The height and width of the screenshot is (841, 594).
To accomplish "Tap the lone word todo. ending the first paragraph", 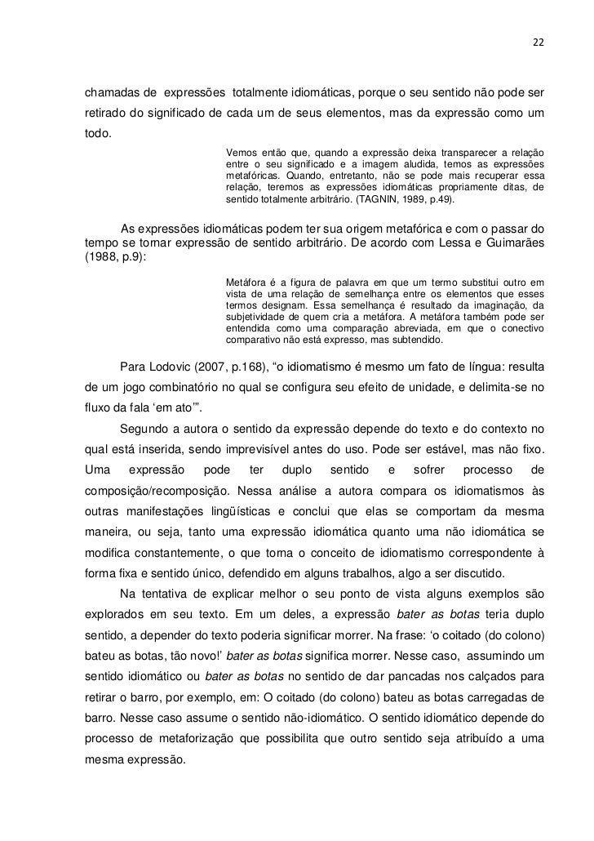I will (x=100, y=134).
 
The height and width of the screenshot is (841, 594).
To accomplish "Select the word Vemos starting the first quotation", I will (x=240, y=154).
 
